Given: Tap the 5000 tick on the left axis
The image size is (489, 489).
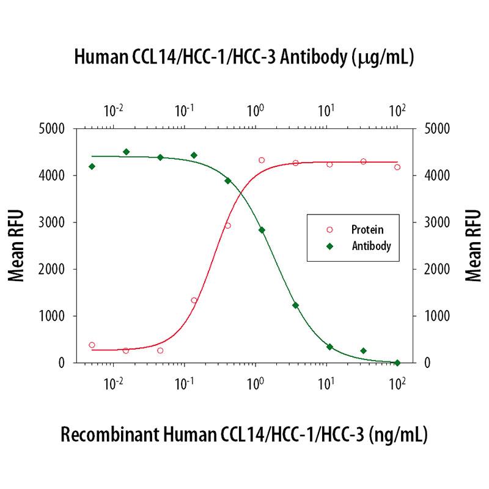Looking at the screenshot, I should (54, 129).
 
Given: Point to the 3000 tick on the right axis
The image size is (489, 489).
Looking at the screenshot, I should (435, 222).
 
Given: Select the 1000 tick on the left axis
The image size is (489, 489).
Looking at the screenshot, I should (54, 316).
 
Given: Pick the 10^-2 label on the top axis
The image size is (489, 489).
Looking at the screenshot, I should (114, 111).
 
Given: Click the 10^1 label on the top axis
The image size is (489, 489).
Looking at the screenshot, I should (326, 111).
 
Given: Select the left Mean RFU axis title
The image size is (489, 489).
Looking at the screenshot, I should (17, 245).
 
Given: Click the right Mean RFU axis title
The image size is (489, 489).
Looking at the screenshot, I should (472, 245).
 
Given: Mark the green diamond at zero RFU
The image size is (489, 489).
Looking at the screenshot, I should (397, 362).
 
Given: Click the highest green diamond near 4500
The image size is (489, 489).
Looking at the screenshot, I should (126, 152).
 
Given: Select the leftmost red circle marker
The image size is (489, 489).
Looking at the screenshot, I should (92, 345).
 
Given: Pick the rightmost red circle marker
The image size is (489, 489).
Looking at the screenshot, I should (397, 167).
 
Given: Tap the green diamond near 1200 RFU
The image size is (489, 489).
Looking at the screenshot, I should (295, 305).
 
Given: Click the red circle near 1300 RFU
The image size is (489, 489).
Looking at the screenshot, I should (194, 300).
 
